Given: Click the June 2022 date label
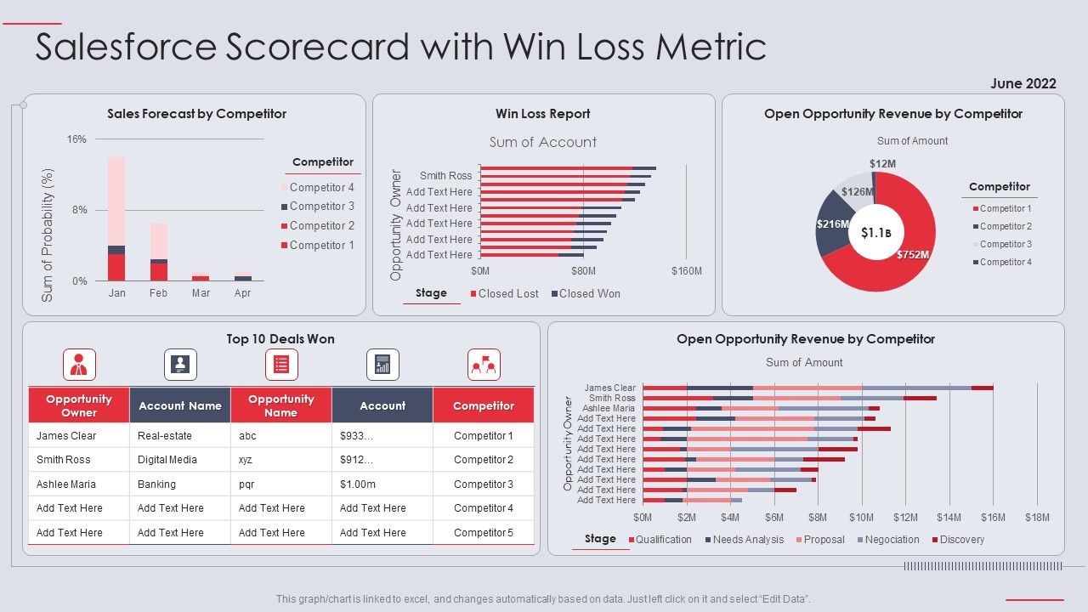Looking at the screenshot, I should pyautogui.click(x=1023, y=83).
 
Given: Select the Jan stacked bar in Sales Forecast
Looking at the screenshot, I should pyautogui.click(x=116, y=219).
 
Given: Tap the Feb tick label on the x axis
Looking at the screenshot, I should pyautogui.click(x=159, y=293).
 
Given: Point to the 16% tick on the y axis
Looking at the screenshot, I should pyautogui.click(x=76, y=139).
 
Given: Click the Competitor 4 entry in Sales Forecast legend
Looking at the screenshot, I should pyautogui.click(x=321, y=187).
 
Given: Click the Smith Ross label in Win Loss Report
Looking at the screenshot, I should pyautogui.click(x=445, y=176).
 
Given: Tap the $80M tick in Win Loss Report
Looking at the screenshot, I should pyautogui.click(x=583, y=271).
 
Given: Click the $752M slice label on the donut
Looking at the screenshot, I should pyautogui.click(x=913, y=254).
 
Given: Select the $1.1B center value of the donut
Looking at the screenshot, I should pyautogui.click(x=875, y=232).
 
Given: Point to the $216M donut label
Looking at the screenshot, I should pyautogui.click(x=833, y=224).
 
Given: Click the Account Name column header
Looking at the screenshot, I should pyautogui.click(x=179, y=406).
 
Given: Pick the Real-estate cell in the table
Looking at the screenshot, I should pyautogui.click(x=165, y=436).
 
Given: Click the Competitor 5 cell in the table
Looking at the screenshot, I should pyautogui.click(x=484, y=533).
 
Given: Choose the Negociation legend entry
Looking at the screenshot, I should pyautogui.click(x=892, y=540).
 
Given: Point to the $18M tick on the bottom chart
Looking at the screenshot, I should pyautogui.click(x=1037, y=518).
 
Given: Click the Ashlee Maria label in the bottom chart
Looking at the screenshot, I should pyautogui.click(x=609, y=409).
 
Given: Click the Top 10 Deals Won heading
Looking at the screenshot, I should pyautogui.click(x=280, y=339).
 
